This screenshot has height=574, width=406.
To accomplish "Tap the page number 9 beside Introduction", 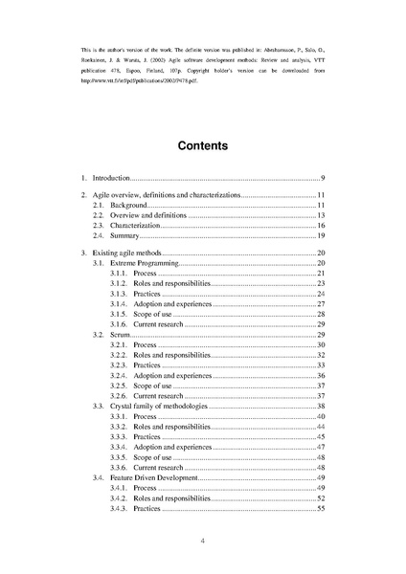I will click(323, 179).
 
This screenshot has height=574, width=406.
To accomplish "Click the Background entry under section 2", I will click(128, 206).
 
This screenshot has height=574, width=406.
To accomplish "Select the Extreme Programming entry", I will click(145, 262).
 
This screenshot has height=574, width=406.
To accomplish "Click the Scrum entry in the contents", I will click(121, 336).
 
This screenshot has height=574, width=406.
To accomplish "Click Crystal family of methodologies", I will click(158, 407).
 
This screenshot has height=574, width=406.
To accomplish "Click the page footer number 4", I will click(203, 541).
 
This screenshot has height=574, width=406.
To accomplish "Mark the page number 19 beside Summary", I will click(322, 235).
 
